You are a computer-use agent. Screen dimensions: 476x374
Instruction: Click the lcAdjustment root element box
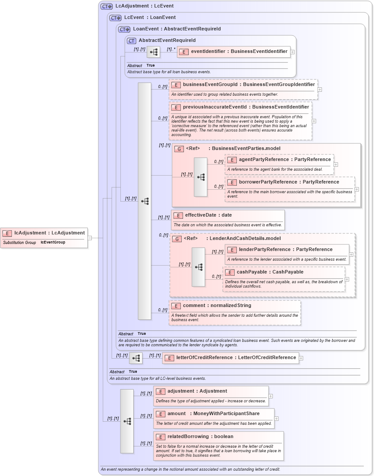(x=49, y=233)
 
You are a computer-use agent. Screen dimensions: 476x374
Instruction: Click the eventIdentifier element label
(x=239, y=52)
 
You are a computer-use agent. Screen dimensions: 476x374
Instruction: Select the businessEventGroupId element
(x=249, y=85)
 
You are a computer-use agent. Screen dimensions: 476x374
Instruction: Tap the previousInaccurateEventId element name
(x=246, y=107)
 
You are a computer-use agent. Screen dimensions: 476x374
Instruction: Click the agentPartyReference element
(x=284, y=160)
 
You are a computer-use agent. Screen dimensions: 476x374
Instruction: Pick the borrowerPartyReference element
(x=289, y=182)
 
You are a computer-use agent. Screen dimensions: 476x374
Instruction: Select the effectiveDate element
(x=208, y=215)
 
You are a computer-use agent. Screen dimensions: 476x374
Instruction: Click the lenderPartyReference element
(x=285, y=250)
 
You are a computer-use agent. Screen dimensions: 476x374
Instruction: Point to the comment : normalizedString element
(x=217, y=306)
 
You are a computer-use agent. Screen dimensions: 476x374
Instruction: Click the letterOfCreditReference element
(x=236, y=358)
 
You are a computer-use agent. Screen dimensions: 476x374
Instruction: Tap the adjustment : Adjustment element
(x=197, y=391)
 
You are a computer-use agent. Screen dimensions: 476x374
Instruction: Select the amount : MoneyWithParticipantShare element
(x=213, y=414)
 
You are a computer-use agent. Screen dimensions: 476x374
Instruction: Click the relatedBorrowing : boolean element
(x=200, y=437)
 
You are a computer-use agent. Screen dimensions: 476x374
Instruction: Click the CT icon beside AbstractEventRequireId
(x=131, y=41)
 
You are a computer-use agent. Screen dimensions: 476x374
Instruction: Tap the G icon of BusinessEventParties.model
(x=179, y=149)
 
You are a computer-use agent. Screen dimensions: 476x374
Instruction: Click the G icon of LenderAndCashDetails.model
(x=176, y=239)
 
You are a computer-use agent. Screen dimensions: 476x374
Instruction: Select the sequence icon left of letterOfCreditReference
(x=136, y=358)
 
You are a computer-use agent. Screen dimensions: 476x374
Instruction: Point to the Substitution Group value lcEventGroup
(x=52, y=242)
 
